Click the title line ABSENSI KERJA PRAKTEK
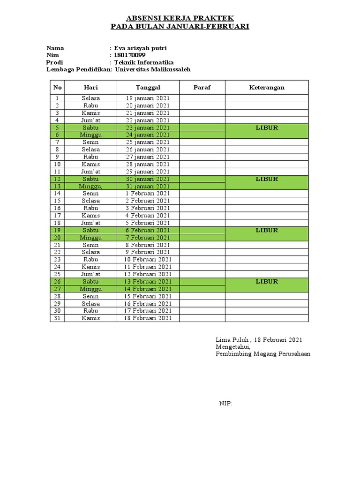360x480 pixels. click(x=180, y=18)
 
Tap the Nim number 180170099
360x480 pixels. click(x=130, y=55)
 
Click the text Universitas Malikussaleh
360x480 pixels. click(x=153, y=69)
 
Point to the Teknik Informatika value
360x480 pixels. click(x=144, y=62)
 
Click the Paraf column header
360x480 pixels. click(x=202, y=88)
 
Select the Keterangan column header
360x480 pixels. click(x=267, y=88)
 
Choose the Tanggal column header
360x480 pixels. click(x=148, y=88)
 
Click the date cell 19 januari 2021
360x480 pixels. click(x=148, y=98)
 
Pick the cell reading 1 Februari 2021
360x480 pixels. click(x=148, y=194)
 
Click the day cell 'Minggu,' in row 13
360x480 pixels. click(x=91, y=186)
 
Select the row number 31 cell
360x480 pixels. click(x=58, y=318)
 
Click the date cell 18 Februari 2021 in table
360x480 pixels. click(x=148, y=318)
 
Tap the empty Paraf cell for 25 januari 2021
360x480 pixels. click(x=202, y=142)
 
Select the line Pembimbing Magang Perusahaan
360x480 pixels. click(x=262, y=354)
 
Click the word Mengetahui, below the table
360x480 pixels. click(x=233, y=347)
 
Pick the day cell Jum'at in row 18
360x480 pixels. click(x=91, y=223)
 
